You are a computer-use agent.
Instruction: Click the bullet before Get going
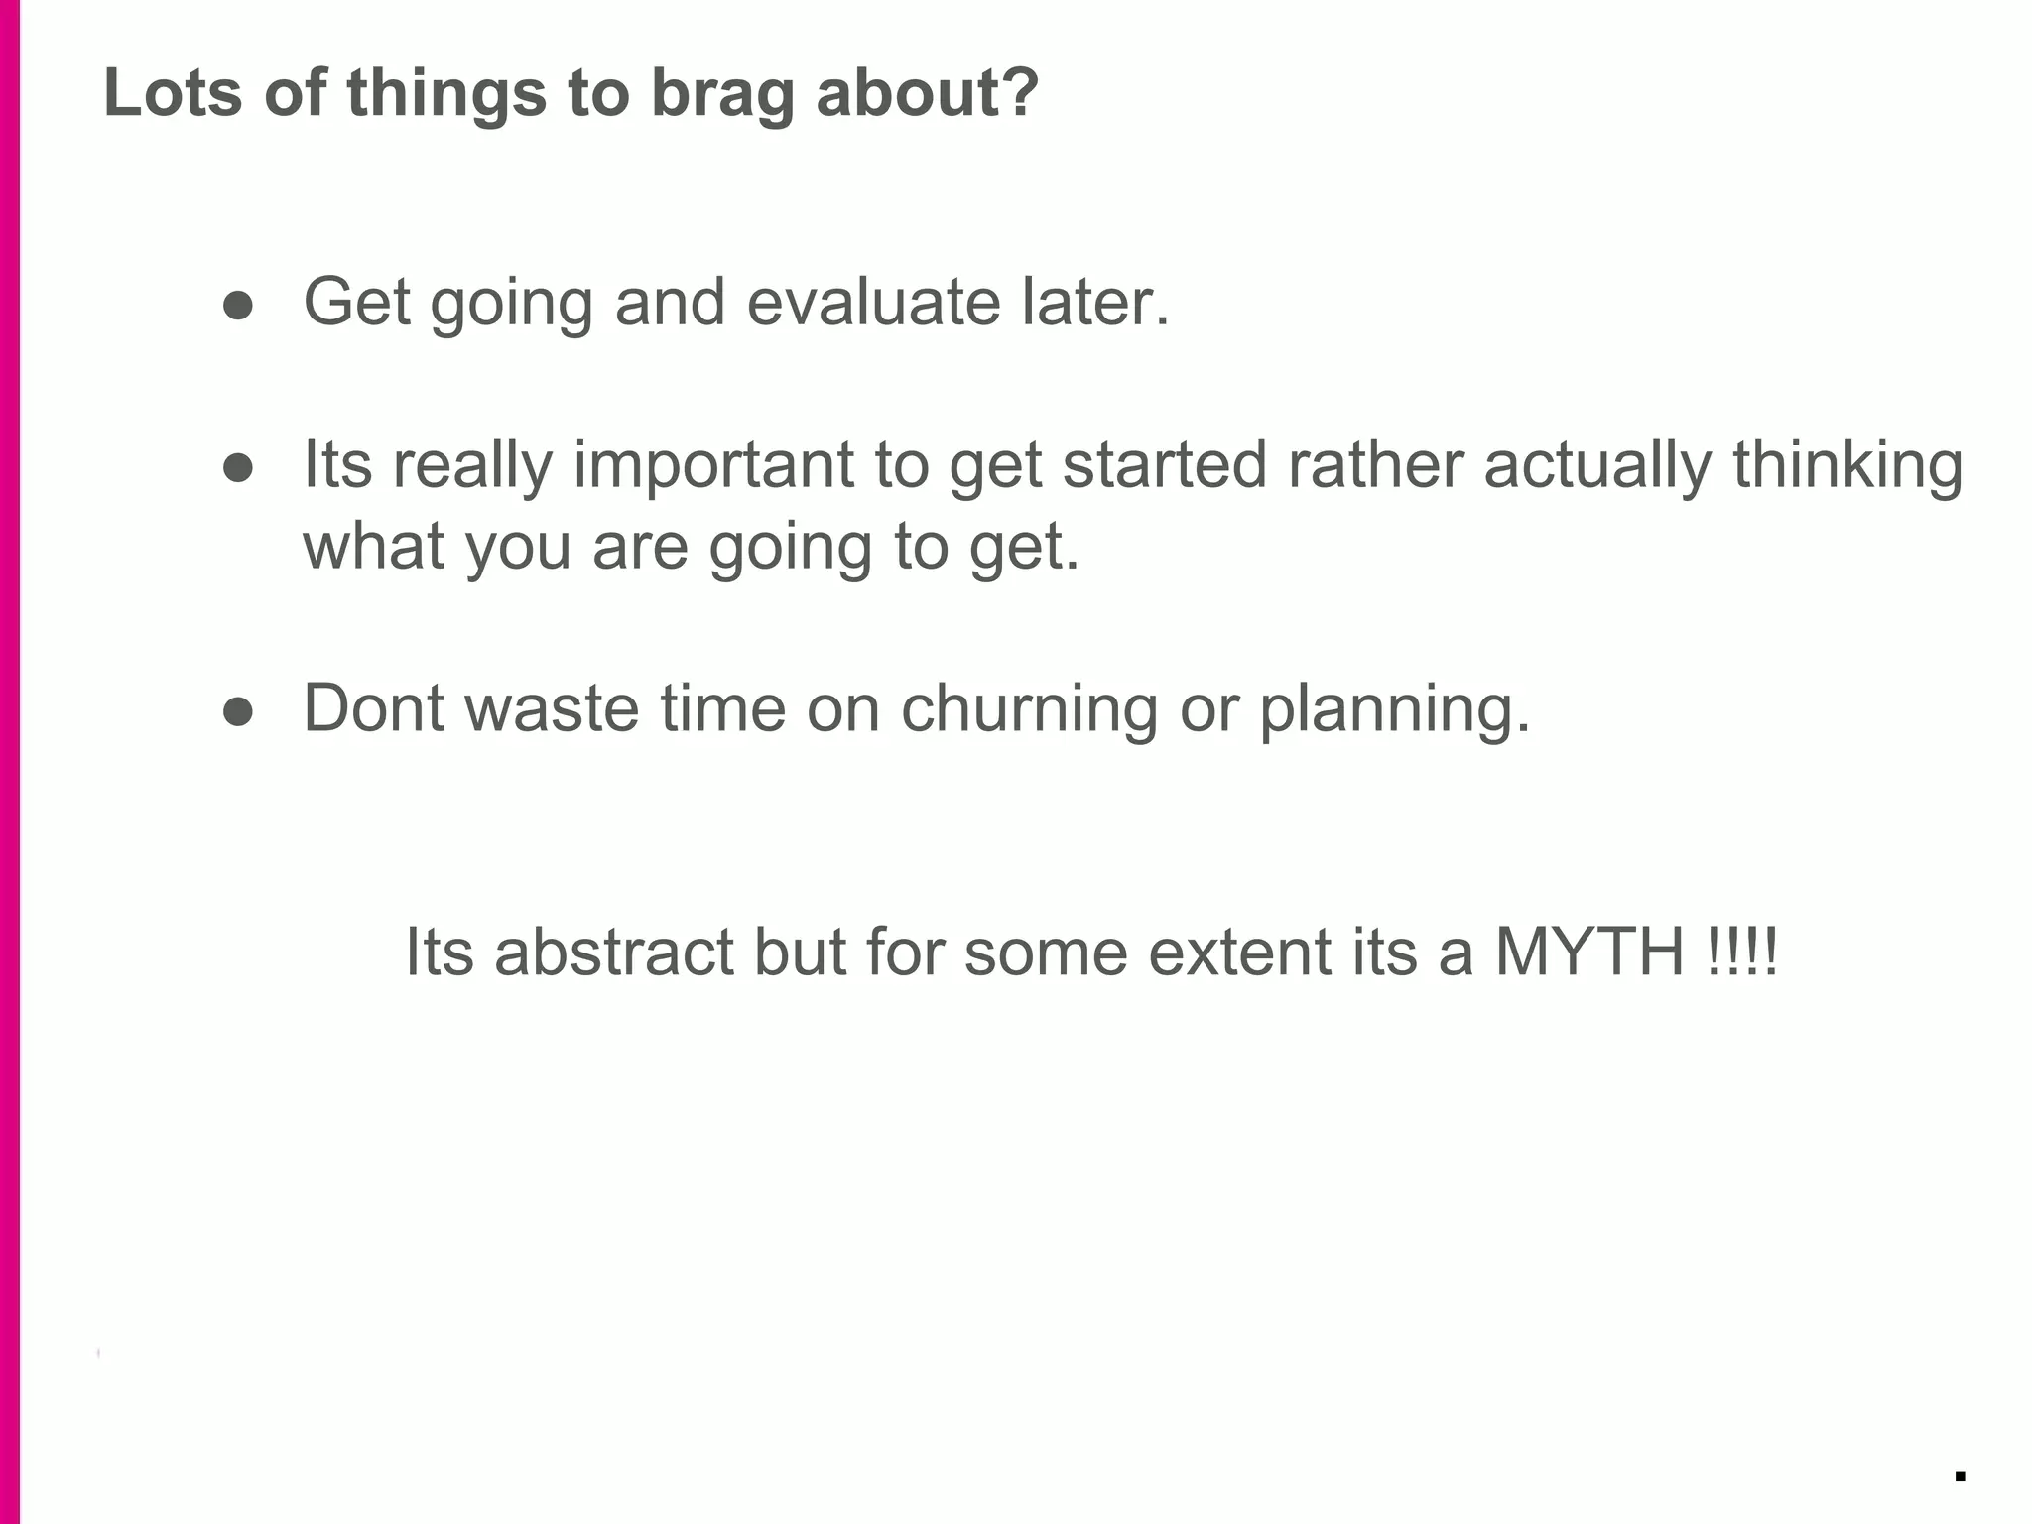238,306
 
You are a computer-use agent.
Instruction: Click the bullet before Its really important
238,468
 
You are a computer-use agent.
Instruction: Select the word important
713,465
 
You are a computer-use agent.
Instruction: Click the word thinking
1847,465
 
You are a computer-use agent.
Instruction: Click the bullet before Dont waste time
238,711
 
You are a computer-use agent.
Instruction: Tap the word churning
1029,709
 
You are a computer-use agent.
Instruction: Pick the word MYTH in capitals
1589,952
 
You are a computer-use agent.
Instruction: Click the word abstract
613,952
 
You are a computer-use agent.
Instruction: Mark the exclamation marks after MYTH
1744,952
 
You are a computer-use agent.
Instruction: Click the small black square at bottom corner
1960,1476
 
